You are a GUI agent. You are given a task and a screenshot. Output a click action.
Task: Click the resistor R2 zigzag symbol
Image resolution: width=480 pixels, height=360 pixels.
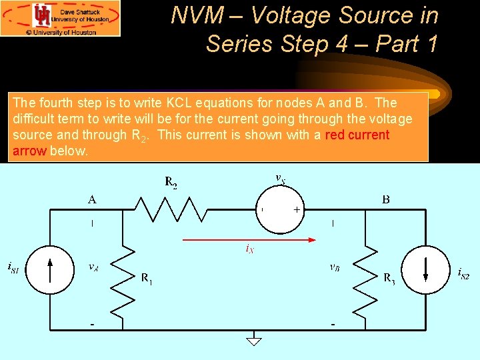[171, 209]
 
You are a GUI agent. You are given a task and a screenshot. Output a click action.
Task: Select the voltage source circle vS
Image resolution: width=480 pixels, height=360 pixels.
[279, 209]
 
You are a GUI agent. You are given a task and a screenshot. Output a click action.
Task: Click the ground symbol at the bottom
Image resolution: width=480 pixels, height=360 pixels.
[254, 341]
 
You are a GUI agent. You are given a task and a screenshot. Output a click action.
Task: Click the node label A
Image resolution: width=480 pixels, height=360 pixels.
[91, 198]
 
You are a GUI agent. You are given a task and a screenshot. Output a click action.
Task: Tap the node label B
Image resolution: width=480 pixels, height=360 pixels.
[386, 198]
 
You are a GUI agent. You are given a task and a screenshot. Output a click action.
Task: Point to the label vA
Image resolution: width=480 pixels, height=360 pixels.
[95, 267]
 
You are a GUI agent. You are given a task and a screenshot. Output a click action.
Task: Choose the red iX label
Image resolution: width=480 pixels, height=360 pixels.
[250, 250]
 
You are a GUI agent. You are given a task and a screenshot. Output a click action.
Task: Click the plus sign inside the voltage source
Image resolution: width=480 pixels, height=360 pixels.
[297, 209]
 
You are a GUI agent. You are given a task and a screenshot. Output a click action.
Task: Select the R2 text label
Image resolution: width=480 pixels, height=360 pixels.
[171, 181]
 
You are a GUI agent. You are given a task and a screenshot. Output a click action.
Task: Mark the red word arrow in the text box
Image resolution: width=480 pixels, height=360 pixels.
[29, 151]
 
